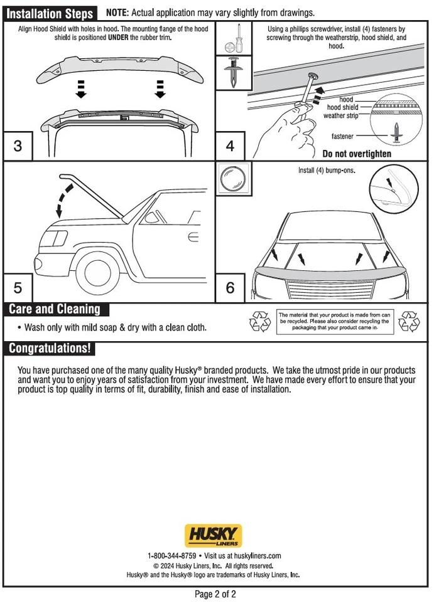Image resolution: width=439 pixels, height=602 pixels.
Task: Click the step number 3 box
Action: pyautogui.click(x=18, y=146)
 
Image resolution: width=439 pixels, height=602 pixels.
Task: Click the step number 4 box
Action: pyautogui.click(x=230, y=146)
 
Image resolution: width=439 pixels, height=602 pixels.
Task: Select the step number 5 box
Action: pyautogui.click(x=18, y=288)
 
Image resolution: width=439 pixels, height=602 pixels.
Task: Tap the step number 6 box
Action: pyautogui.click(x=230, y=288)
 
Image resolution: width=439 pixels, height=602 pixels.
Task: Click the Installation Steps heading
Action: pyautogui.click(x=50, y=14)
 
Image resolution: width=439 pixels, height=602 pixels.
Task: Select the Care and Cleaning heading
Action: pyautogui.click(x=55, y=309)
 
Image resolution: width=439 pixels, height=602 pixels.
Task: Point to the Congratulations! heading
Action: pyautogui.click(x=50, y=348)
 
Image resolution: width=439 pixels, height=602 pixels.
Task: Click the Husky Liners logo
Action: pyautogui.click(x=213, y=536)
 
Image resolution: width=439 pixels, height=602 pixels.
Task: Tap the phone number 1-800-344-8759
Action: pyautogui.click(x=171, y=556)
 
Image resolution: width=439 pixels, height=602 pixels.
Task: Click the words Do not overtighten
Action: pyautogui.click(x=357, y=154)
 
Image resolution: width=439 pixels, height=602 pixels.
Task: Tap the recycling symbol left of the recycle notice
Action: pyautogui.click(x=260, y=322)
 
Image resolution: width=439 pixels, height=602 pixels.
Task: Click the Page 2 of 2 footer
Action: pyautogui.click(x=216, y=594)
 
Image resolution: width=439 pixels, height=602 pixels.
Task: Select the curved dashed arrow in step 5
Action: pyautogui.click(x=65, y=201)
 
